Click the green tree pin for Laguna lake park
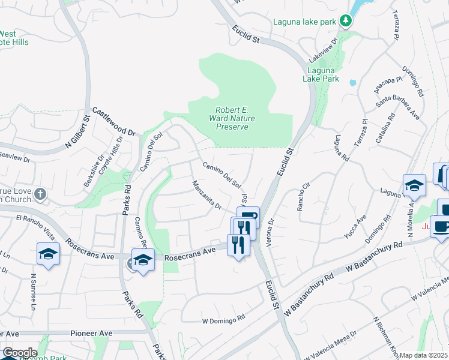pos(346,22)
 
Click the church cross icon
pos(40,194)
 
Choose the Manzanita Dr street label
pos(207,196)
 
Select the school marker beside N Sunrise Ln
pos(48,254)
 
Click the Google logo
pos(20,353)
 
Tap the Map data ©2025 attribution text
pos(423,355)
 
